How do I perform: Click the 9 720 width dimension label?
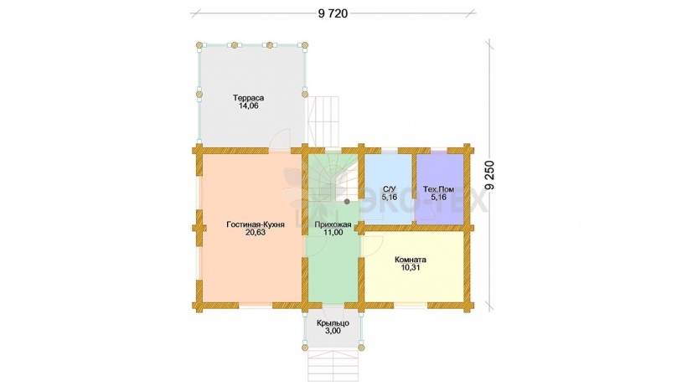pyautogui.click(x=333, y=13)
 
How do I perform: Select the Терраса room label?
pyautogui.click(x=249, y=98)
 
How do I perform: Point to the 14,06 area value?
pyautogui.click(x=249, y=106)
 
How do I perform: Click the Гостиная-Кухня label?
pyautogui.click(x=256, y=225)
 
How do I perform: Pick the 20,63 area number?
pyautogui.click(x=256, y=233)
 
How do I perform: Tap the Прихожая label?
pyautogui.click(x=333, y=225)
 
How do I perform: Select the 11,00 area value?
pyautogui.click(x=333, y=233)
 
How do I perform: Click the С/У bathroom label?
pyautogui.click(x=389, y=189)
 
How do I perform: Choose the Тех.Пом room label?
pyautogui.click(x=438, y=189)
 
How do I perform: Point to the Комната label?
pyautogui.click(x=411, y=260)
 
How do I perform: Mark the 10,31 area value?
pyautogui.click(x=411, y=267)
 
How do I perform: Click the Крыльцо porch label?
pyautogui.click(x=333, y=323)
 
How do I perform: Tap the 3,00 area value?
pyautogui.click(x=333, y=332)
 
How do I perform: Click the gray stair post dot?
pyautogui.click(x=347, y=202)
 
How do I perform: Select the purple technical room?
pyautogui.click(x=440, y=188)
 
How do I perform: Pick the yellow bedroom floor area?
pyautogui.click(x=414, y=266)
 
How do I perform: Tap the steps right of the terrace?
pyautogui.click(x=323, y=121)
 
